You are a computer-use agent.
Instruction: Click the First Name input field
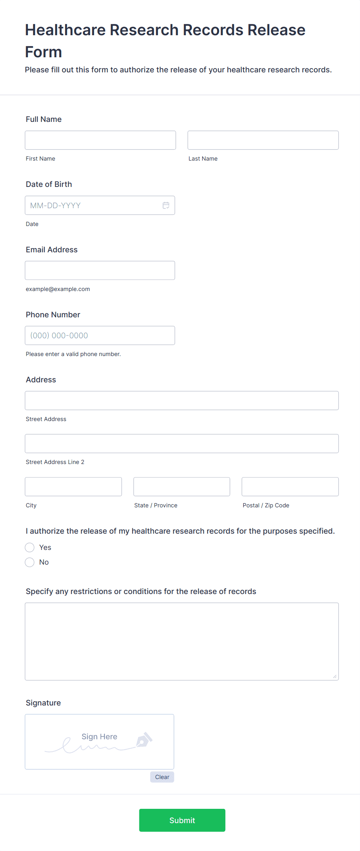pyautogui.click(x=100, y=140)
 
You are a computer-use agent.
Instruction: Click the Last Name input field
pyautogui.click(x=263, y=140)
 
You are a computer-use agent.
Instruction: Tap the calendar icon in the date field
pyautogui.click(x=166, y=205)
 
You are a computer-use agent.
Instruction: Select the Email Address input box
pyautogui.click(x=100, y=271)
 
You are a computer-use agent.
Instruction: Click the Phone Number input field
pyautogui.click(x=100, y=336)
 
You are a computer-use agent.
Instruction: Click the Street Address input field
pyautogui.click(x=182, y=401)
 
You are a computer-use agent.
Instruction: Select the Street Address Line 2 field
pyautogui.click(x=182, y=443)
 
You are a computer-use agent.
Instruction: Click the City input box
pyautogui.click(x=73, y=487)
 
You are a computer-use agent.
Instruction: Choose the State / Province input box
pyautogui.click(x=182, y=487)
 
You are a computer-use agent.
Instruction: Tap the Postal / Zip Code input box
pyautogui.click(x=290, y=487)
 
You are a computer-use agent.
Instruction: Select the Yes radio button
pyautogui.click(x=30, y=548)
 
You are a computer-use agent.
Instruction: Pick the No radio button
pyautogui.click(x=30, y=562)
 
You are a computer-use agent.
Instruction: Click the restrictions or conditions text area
pyautogui.click(x=182, y=641)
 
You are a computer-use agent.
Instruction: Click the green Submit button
pyautogui.click(x=182, y=820)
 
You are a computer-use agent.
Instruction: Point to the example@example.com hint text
pyautogui.click(x=58, y=289)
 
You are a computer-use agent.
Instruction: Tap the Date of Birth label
pyautogui.click(x=49, y=184)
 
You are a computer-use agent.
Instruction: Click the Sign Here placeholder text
pyautogui.click(x=99, y=736)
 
